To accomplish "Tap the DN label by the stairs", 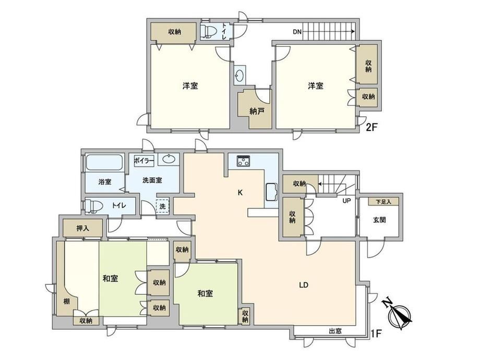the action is [297, 31].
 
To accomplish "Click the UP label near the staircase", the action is [346, 201].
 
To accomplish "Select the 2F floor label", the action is [371, 127].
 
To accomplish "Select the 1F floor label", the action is [376, 333].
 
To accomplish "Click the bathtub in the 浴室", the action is [104, 162].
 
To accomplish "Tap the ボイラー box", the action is [143, 160].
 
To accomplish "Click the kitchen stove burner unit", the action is [244, 161].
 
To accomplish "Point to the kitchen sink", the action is [271, 191].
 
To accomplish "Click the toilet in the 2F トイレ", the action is [209, 31].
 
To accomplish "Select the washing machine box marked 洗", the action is [163, 206].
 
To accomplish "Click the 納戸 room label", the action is [257, 111].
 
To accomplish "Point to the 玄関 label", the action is [379, 220].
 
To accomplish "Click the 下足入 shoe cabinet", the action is [383, 201].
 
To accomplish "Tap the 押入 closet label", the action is [82, 228].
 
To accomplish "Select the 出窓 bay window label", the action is [335, 331].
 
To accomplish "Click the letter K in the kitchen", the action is [241, 193].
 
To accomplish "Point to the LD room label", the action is [304, 285].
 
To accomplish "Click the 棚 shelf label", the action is [66, 302].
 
